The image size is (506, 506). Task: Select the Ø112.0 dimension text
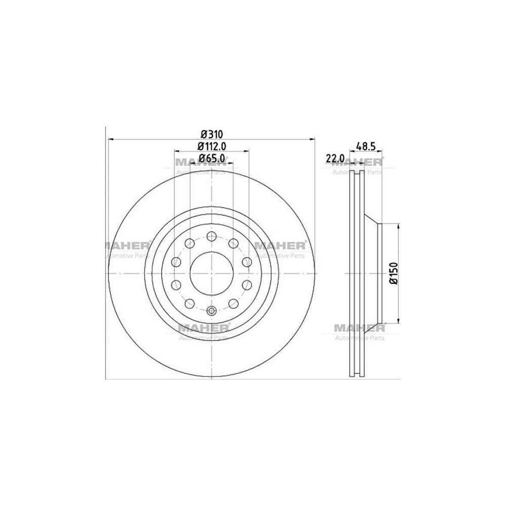[211, 145]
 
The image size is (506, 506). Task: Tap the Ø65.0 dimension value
[211, 158]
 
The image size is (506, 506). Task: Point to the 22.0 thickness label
[335, 158]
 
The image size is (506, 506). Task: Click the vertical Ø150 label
[394, 273]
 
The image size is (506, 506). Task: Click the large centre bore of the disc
[211, 273]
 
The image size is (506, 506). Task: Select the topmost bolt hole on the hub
[211, 236]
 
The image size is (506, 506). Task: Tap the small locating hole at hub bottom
[211, 311]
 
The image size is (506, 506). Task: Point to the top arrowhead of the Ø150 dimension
[399, 226]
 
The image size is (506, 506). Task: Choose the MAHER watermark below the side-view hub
[359, 329]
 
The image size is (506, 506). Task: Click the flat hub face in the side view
[380, 273]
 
